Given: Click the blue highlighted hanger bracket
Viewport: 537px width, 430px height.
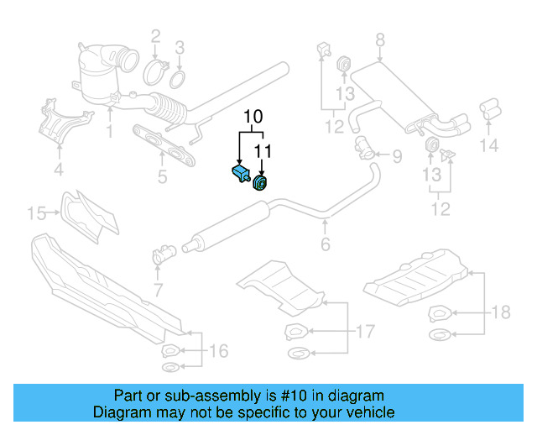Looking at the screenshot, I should point(239,174).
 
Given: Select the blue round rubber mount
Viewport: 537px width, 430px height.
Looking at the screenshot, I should point(260,182).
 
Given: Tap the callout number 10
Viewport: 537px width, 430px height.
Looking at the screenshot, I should point(253,116).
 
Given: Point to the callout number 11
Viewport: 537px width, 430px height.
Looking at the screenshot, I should point(263,151).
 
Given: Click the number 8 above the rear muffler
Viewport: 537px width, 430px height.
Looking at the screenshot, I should point(379,39).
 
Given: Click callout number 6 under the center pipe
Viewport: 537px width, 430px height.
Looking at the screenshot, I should point(326,244).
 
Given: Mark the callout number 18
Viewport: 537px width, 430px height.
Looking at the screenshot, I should point(500,313).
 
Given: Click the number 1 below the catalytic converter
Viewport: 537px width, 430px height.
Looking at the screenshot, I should point(109,131).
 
